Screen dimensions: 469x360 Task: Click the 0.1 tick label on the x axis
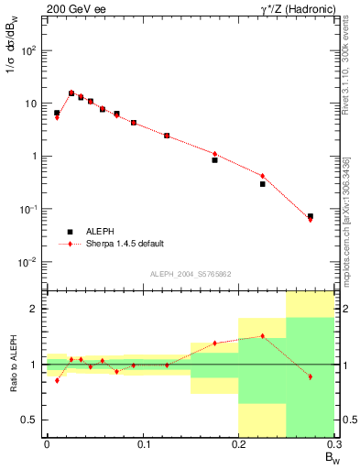[x=142, y=446]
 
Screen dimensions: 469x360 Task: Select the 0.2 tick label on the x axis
[x=238, y=446]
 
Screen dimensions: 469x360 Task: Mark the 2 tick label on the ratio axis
[x=35, y=309]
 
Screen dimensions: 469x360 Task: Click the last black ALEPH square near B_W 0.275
[x=311, y=216]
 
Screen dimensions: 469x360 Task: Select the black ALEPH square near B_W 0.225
[x=262, y=184]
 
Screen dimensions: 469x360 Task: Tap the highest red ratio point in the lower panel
[x=262, y=336]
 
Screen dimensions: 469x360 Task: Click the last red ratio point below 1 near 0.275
[x=311, y=376]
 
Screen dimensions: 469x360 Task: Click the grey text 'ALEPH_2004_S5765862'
[x=191, y=274]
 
